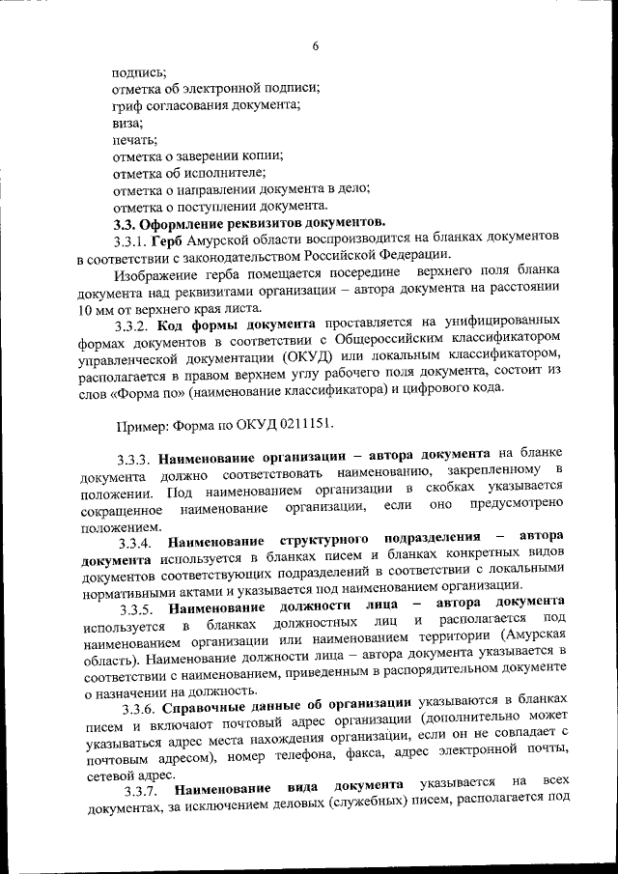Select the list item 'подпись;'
[x=139, y=71]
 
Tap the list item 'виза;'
[x=128, y=123]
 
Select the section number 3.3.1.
[x=130, y=240]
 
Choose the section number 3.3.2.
[x=131, y=326]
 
